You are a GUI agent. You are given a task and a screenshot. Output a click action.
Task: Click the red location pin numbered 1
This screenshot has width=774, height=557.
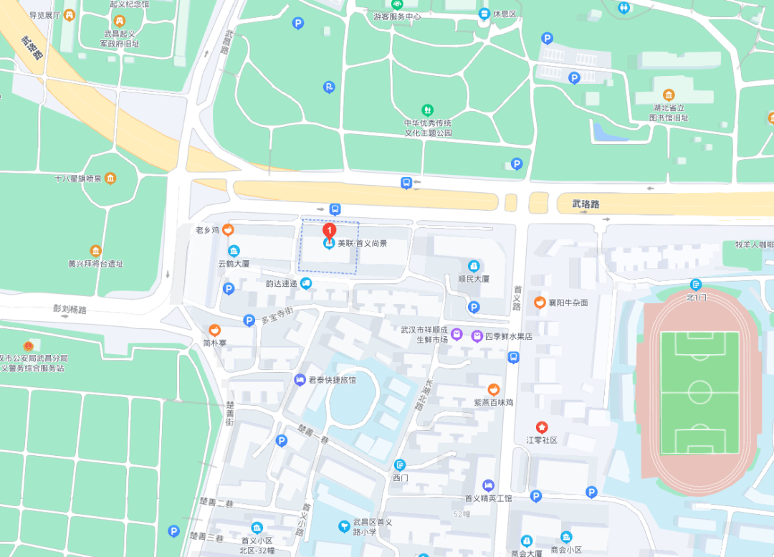[329, 231]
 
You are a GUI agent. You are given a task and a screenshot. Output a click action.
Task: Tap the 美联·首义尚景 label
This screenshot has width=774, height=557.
[363, 244]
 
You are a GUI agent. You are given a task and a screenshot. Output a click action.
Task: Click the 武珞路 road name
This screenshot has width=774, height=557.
[586, 204]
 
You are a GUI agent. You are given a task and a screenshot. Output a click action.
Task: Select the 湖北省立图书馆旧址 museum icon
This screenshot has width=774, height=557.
[669, 95]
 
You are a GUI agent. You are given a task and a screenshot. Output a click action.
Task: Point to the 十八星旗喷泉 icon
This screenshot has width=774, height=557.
[110, 178]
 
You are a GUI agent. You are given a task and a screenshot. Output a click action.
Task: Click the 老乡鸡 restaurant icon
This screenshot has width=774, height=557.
[228, 230]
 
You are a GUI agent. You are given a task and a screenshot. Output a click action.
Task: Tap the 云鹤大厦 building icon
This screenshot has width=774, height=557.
[234, 250]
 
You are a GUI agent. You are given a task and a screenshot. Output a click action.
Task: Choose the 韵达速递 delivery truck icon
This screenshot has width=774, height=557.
[306, 283]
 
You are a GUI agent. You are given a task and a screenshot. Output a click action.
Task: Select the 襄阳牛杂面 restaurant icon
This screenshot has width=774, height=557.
[540, 303]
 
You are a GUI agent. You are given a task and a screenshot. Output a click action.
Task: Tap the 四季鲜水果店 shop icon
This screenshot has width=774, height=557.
[477, 335]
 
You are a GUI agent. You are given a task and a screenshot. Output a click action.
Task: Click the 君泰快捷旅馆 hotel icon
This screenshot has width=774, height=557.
[300, 379]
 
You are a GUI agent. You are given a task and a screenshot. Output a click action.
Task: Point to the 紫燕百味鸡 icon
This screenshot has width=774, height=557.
[493, 389]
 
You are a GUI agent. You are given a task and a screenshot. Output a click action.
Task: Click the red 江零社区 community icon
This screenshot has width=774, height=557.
[541, 427]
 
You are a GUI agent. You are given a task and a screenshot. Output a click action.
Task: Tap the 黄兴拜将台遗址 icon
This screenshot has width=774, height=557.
[96, 250]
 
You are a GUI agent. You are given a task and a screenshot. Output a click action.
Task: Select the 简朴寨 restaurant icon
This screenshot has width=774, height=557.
[214, 330]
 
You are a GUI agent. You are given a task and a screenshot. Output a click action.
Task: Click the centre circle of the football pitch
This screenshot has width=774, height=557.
[699, 392]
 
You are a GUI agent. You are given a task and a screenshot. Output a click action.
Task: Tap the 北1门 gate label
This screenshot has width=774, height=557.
[696, 296]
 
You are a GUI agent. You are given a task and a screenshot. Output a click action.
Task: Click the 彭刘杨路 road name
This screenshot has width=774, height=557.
[70, 310]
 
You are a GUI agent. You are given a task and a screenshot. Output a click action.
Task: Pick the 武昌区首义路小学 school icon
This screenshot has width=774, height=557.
[345, 526]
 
